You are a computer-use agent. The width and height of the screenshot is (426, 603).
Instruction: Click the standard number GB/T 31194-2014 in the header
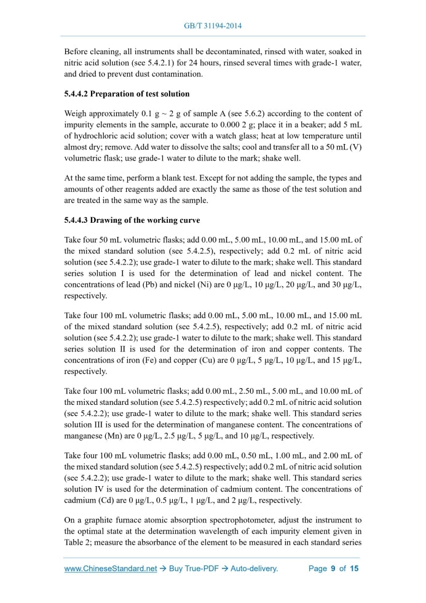pos(213,26)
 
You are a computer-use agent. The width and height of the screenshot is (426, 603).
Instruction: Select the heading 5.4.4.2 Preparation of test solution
pos(127,94)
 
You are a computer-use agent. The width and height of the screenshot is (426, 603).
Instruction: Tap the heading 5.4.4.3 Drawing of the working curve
pos(132,220)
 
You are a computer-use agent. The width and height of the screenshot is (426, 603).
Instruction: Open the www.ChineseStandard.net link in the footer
pos(111,569)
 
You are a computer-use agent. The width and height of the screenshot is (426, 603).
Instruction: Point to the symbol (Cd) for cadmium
pos(102,500)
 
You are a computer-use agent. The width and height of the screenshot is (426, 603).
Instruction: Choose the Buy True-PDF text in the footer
pos(196,569)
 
